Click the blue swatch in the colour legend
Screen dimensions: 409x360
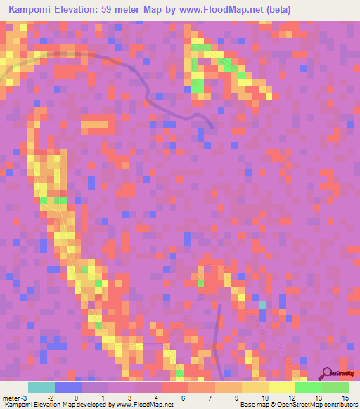pyautogui.click(x=68, y=387)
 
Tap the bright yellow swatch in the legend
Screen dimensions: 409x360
pyautogui.click(x=282, y=387)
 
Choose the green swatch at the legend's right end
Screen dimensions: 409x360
pyautogui.click(x=335, y=387)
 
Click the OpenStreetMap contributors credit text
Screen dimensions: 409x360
pyautogui.click(x=309, y=404)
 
